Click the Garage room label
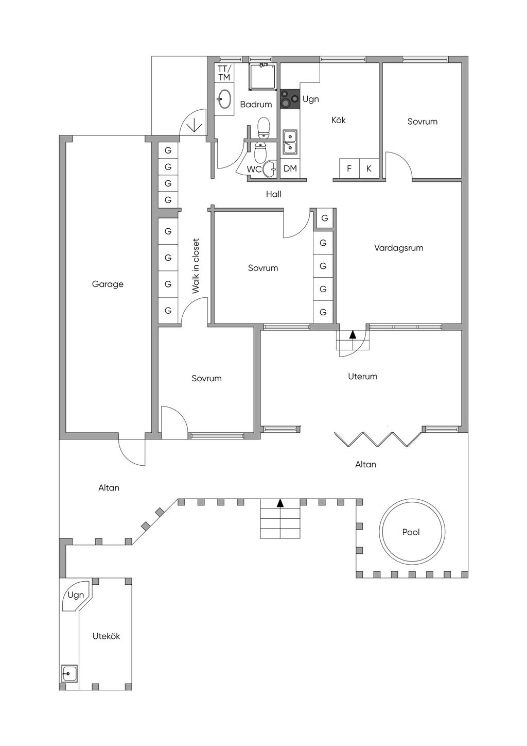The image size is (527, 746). tap(108, 284)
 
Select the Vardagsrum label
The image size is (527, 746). tap(398, 248)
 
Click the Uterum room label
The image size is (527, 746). tap(363, 376)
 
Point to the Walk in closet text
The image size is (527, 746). tap(196, 266)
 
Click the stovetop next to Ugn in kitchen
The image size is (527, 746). tap(290, 99)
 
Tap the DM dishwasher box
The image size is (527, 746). tap(290, 168)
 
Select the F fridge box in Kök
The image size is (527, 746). tap(349, 168)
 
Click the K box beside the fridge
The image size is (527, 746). tap(368, 168)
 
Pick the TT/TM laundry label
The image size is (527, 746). tap(224, 73)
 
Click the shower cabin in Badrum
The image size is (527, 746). tap(262, 76)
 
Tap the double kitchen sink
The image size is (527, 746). tap(290, 142)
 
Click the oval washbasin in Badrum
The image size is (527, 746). tap(224, 99)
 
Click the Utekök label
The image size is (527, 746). tap(106, 636)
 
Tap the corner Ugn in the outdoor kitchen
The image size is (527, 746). tap(76, 595)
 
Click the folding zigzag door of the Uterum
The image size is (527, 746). tap(378, 439)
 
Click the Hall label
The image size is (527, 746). tap(273, 194)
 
